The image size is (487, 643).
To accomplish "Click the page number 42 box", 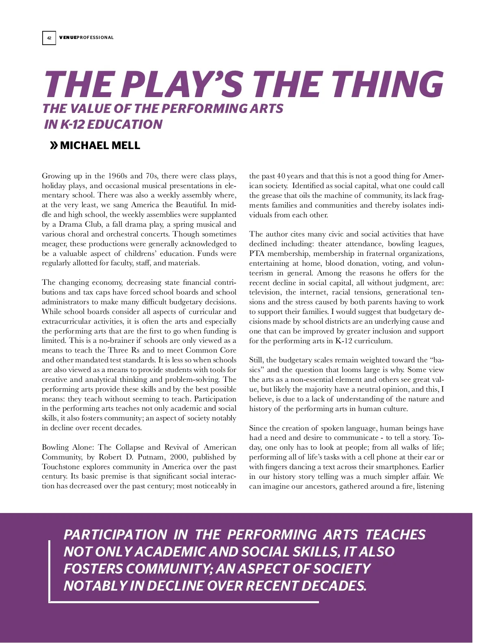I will coord(49,38).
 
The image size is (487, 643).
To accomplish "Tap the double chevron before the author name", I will coord(54,145).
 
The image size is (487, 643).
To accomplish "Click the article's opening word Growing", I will coord(56,176).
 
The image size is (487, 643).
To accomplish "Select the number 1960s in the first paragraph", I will coord(118,176).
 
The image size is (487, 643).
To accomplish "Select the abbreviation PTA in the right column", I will coord(256,253).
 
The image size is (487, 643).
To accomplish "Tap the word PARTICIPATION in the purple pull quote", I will coord(115,535).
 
